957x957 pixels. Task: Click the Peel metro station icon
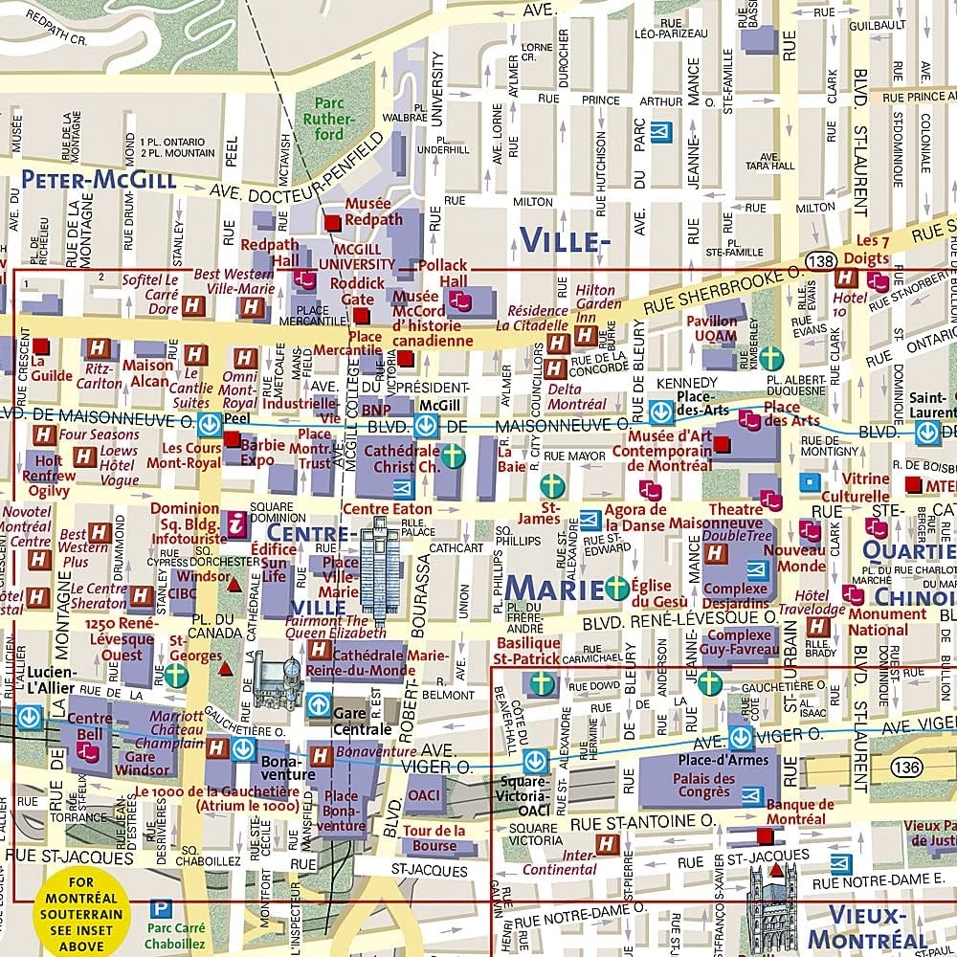click(206, 424)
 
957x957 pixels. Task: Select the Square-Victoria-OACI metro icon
click(534, 761)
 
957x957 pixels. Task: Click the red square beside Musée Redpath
click(332, 222)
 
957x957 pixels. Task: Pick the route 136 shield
click(905, 766)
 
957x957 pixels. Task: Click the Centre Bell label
click(90, 726)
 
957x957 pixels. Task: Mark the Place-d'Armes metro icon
click(741, 737)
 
